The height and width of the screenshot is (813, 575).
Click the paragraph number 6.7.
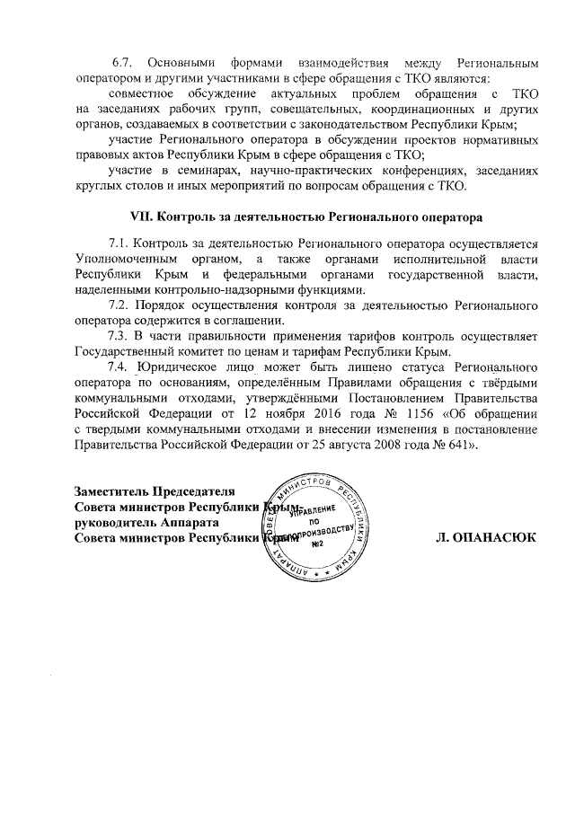pos(122,64)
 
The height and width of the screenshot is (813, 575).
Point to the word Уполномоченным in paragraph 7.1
pos(125,259)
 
